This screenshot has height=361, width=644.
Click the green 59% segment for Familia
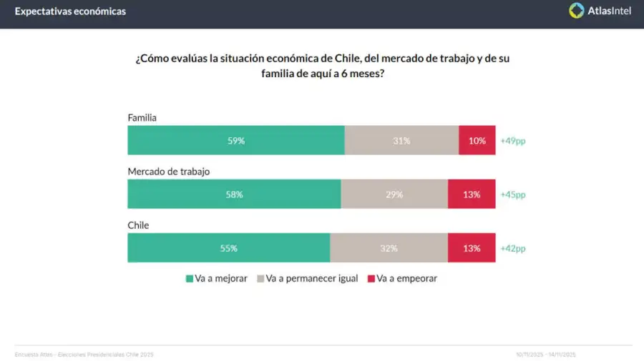[236, 141]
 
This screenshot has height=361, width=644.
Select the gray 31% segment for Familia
[401, 141]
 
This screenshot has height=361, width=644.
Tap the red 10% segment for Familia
[477, 141]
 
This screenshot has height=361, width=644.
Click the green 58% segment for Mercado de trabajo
[234, 194]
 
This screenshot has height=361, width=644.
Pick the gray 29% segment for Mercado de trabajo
[394, 194]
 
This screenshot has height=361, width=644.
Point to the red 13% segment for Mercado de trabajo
[472, 194]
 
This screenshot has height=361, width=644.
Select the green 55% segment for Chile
[229, 248]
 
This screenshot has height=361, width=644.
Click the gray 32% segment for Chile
[389, 248]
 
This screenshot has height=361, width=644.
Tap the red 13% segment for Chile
[472, 248]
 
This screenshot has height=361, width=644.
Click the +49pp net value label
[513, 141]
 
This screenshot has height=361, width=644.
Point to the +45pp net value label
[513, 194]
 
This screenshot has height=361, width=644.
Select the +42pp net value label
[513, 248]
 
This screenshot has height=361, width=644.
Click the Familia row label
[142, 117]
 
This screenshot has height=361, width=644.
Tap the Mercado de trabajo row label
[168, 172]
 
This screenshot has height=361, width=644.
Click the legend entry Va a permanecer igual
[307, 278]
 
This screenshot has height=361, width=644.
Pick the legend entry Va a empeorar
[401, 278]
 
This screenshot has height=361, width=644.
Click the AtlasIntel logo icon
[577, 11]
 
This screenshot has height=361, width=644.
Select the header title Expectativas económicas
[70, 11]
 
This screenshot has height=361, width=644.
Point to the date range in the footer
[546, 355]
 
